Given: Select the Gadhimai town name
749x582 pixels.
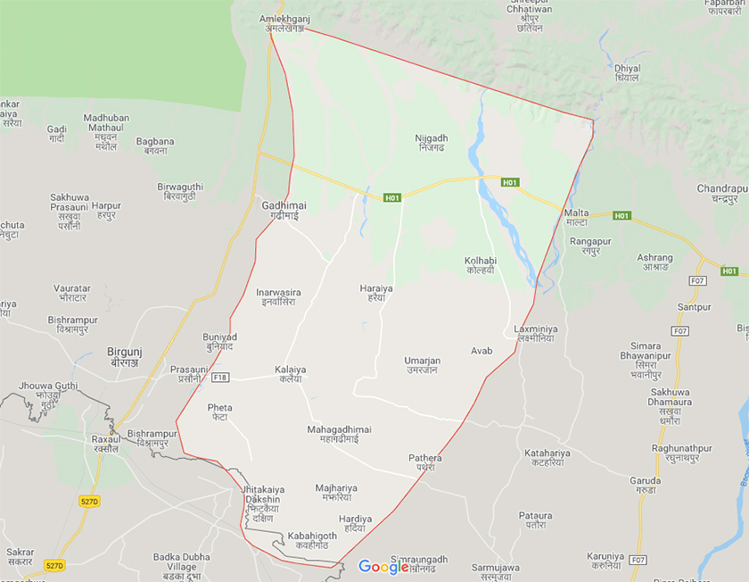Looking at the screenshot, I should pyautogui.click(x=284, y=211).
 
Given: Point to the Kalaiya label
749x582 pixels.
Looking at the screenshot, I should pyautogui.click(x=290, y=373).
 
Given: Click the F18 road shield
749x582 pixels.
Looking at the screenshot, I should pyautogui.click(x=221, y=378).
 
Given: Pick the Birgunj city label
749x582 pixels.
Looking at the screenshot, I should pyautogui.click(x=125, y=357).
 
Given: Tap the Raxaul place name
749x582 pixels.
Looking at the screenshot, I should pyautogui.click(x=105, y=444).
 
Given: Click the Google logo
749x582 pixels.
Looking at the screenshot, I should pyautogui.click(x=383, y=566).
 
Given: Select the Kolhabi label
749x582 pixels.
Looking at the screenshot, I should pyautogui.click(x=481, y=266).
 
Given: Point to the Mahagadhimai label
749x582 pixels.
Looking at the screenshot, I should pyautogui.click(x=339, y=435).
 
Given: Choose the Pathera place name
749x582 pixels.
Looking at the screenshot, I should pyautogui.click(x=425, y=462).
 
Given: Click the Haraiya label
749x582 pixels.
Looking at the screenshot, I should pyautogui.click(x=375, y=294).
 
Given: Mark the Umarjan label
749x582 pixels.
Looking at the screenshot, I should pyautogui.click(x=422, y=365).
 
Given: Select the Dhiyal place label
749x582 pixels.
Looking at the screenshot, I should pyautogui.click(x=628, y=73).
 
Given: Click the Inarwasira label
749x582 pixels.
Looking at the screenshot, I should pyautogui.click(x=278, y=297).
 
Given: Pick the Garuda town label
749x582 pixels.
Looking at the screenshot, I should pyautogui.click(x=645, y=486).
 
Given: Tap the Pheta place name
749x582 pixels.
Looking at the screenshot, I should pyautogui.click(x=219, y=412).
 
